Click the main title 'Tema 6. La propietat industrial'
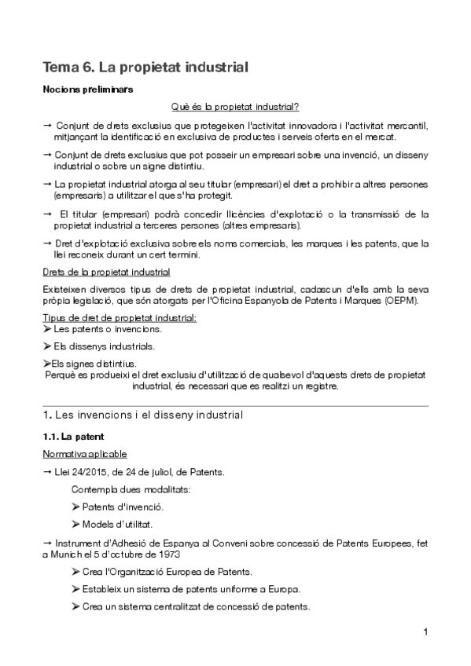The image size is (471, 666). click(145, 68)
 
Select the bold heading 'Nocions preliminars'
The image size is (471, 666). click(87, 90)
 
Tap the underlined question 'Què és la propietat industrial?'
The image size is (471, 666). click(234, 106)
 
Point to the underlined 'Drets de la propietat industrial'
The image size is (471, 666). click(106, 273)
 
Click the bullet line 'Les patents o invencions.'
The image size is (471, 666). click(102, 330)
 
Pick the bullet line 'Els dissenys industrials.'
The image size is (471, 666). click(98, 346)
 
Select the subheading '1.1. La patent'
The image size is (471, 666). click(73, 436)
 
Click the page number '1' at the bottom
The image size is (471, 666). click(425, 632)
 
